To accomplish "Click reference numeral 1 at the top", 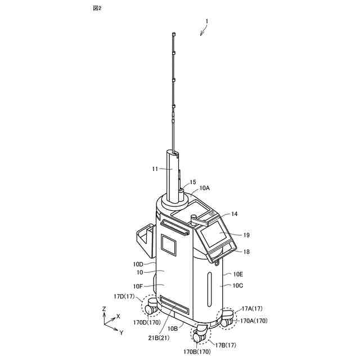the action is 206,22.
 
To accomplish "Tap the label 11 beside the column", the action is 155,168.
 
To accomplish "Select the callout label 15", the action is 193,182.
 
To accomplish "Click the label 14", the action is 235,214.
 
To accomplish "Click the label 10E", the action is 238,274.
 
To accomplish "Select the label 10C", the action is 237,286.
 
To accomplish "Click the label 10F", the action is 139,286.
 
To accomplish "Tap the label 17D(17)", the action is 123,296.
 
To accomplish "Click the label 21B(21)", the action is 159,337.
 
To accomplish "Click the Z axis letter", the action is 104,309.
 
